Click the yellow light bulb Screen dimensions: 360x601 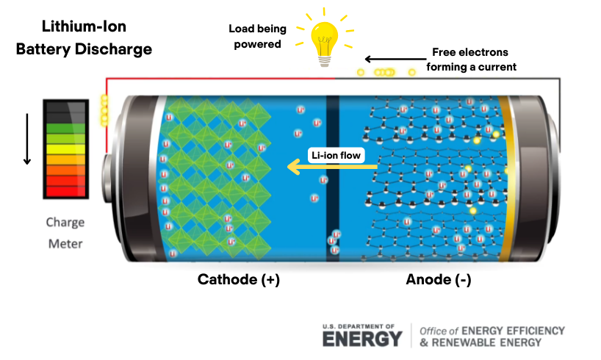[324, 40]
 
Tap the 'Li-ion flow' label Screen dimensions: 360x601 [336, 156]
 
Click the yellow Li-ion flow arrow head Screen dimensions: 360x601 [293, 168]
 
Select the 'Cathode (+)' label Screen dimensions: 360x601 [238, 280]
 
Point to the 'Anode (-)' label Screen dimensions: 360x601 [439, 280]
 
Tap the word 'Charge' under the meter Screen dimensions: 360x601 [65, 223]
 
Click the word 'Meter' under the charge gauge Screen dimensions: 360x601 [65, 243]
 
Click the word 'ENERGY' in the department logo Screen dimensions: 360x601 [362, 339]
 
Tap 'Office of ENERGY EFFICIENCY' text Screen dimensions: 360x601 [492, 331]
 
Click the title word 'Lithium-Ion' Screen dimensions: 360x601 [84, 27]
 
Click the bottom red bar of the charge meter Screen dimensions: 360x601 [65, 191]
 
